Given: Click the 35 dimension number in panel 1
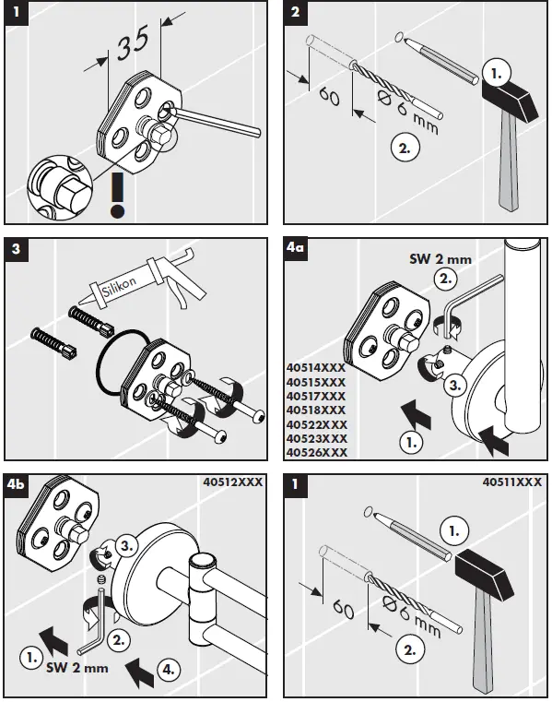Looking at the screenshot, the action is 133,43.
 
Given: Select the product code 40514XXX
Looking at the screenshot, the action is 316,368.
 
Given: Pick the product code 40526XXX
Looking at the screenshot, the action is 317,453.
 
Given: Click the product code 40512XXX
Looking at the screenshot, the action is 233,482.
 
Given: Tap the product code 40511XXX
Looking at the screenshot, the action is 512,482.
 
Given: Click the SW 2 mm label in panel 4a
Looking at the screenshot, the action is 440,259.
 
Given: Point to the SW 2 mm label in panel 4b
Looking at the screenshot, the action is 77,668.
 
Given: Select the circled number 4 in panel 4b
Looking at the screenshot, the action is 169,670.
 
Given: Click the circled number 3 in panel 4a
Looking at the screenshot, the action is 455,385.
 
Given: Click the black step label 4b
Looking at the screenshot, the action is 16,484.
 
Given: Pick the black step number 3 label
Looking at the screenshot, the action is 16,248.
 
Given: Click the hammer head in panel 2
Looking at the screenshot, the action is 510,100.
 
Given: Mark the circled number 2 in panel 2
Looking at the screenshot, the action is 405,148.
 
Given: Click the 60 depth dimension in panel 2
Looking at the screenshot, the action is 330,97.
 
